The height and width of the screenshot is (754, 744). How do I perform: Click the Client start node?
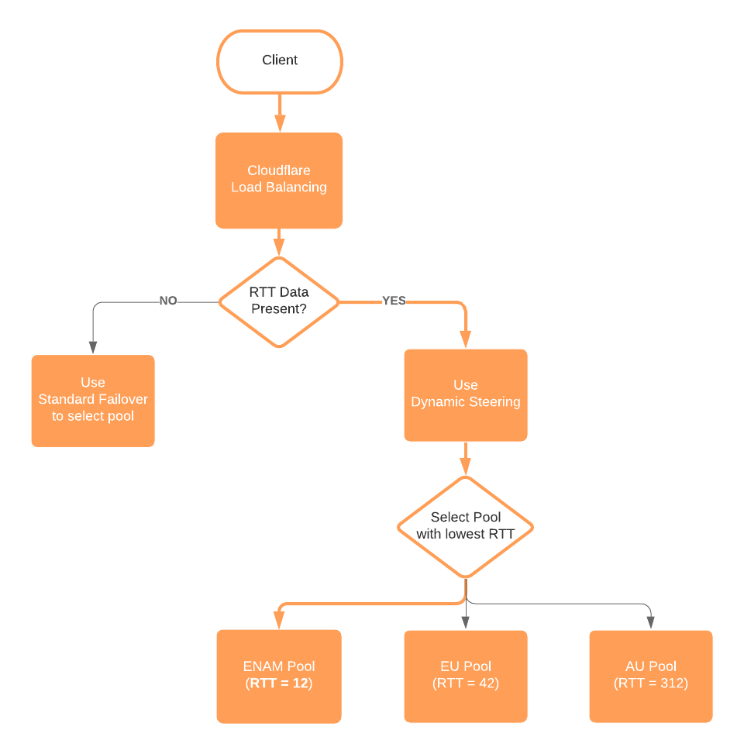tap(279, 61)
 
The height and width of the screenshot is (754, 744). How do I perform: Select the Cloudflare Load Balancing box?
tap(279, 180)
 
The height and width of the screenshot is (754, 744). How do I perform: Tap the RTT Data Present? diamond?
tap(279, 301)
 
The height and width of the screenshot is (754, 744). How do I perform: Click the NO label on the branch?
tap(168, 301)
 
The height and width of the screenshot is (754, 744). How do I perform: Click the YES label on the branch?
tap(394, 301)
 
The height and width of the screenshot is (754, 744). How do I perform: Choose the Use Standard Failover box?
tap(93, 401)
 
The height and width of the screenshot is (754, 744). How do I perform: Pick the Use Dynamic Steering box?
tap(466, 394)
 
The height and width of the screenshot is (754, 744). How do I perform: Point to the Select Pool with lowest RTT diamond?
tap(466, 526)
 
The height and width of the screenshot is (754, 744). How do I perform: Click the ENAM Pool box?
tap(279, 676)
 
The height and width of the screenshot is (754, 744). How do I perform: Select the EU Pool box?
tap(466, 676)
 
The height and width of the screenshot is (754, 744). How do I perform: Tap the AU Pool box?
tap(651, 676)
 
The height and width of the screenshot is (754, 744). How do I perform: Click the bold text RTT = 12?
tap(279, 683)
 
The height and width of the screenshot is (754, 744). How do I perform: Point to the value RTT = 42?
tap(466, 683)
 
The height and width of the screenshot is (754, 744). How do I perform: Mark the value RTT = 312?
tap(651, 683)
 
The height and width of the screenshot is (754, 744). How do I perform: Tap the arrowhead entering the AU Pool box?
tap(651, 621)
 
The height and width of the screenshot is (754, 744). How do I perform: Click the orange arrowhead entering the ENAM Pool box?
tap(279, 621)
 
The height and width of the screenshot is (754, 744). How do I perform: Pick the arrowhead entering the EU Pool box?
tap(466, 621)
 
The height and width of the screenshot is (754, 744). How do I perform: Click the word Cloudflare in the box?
tap(279, 170)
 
